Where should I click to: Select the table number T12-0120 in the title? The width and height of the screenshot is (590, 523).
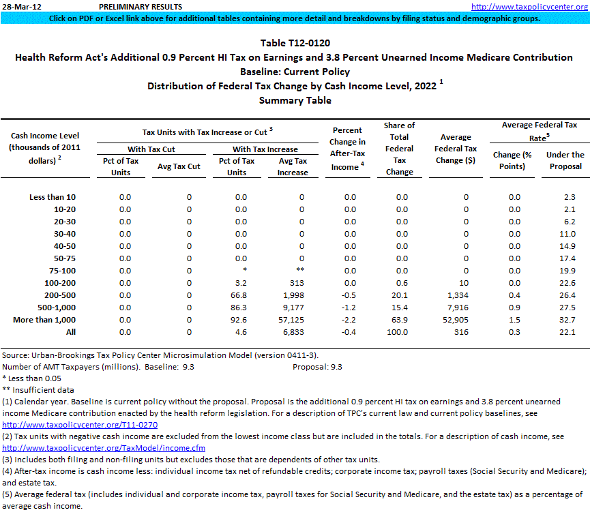click(295, 43)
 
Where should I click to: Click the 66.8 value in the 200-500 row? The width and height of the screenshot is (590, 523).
click(236, 295)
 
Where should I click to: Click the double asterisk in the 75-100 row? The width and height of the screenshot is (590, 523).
click(300, 271)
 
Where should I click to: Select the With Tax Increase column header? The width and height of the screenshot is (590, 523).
click(265, 149)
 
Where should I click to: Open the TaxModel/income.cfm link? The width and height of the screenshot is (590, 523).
click(104, 448)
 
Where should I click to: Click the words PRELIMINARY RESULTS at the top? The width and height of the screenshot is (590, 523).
click(131, 6)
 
